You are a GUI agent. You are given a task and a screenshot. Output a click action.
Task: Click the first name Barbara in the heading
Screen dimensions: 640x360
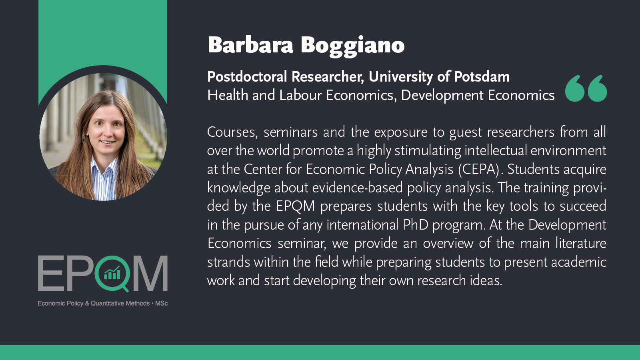click(250, 45)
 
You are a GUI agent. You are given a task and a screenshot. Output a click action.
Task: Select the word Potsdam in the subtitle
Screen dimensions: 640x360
click(482, 76)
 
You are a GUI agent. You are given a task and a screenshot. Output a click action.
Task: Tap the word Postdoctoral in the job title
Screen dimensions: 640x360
click(247, 76)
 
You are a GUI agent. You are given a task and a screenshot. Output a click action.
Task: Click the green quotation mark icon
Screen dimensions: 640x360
click(586, 88)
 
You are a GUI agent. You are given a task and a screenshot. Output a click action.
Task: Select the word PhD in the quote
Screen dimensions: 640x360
click(416, 224)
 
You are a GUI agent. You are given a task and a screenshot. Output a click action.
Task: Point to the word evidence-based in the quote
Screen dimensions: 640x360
click(358, 188)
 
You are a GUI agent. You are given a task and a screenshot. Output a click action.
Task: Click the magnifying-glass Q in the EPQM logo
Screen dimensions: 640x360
click(112, 274)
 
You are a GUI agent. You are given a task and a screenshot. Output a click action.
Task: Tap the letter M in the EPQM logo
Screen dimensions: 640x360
click(150, 273)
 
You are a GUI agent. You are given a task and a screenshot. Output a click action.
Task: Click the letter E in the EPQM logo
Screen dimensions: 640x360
click(50, 273)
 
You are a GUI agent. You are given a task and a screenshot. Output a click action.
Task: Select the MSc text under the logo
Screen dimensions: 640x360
click(162, 304)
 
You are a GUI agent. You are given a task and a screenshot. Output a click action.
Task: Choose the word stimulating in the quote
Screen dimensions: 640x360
click(428, 151)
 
